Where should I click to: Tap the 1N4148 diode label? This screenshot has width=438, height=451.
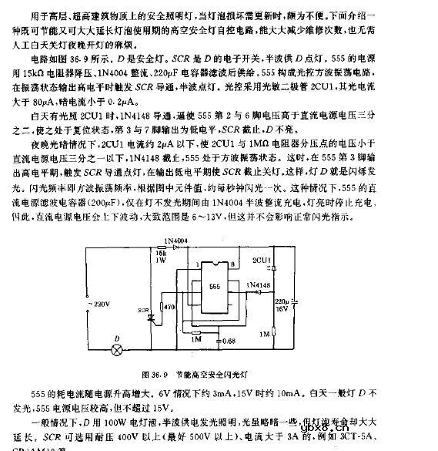(x=258, y=285)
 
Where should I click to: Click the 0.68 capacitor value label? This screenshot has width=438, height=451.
(x=227, y=341)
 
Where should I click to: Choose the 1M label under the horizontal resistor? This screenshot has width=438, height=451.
(x=196, y=338)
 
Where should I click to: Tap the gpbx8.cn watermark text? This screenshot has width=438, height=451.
(x=388, y=424)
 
